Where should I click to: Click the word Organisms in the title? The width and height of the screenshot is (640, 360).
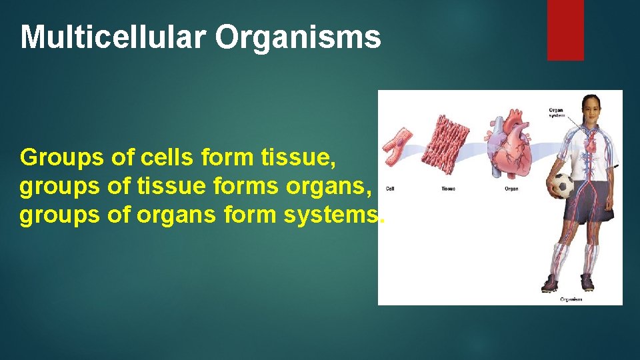pyautogui.click(x=298, y=38)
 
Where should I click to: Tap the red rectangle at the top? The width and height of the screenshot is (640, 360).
pyautogui.click(x=565, y=30)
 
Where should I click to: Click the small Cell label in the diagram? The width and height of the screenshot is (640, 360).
pyautogui.click(x=390, y=189)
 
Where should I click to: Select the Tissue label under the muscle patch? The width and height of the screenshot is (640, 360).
pyautogui.click(x=449, y=189)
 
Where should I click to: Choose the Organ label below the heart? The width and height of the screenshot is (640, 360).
pyautogui.click(x=511, y=189)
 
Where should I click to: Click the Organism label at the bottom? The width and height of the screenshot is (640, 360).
pyautogui.click(x=571, y=299)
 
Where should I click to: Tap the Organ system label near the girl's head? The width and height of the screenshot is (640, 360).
pyautogui.click(x=556, y=112)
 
